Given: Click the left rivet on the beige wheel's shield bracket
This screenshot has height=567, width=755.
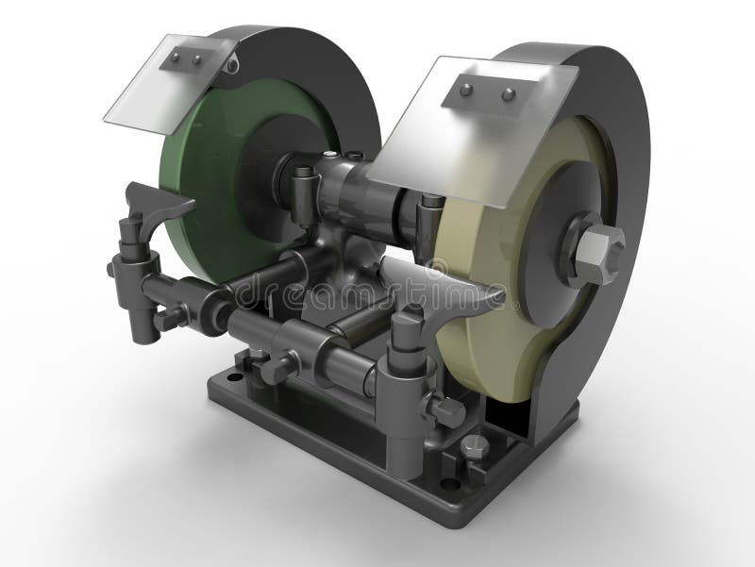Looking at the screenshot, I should [x=466, y=90].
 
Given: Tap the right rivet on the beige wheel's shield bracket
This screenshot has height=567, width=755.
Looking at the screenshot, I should [x=508, y=94].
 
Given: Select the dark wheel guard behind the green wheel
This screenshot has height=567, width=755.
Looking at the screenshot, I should [x=302, y=66].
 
